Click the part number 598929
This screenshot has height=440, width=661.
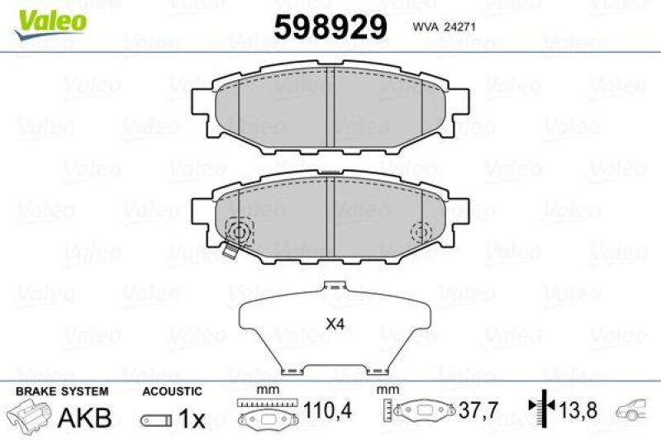(x=330, y=26)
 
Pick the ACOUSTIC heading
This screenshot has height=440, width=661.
(x=172, y=390)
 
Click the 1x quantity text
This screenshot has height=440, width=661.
(x=192, y=419)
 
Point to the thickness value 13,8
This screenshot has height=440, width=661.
(x=575, y=409)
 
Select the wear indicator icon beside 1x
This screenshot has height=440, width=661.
(x=156, y=419)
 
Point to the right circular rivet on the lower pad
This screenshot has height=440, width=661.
(x=421, y=231)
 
